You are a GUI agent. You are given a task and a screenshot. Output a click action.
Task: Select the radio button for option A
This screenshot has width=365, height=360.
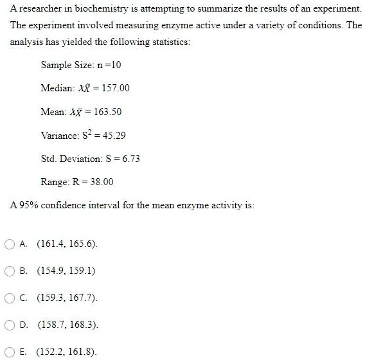click(x=10, y=244)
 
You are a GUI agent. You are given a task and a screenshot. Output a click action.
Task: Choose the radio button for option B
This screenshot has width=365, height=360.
click(x=10, y=271)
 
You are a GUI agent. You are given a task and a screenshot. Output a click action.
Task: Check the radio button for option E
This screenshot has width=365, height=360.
click(x=10, y=352)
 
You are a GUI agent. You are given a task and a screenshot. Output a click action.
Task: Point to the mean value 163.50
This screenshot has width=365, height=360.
click(x=107, y=111)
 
